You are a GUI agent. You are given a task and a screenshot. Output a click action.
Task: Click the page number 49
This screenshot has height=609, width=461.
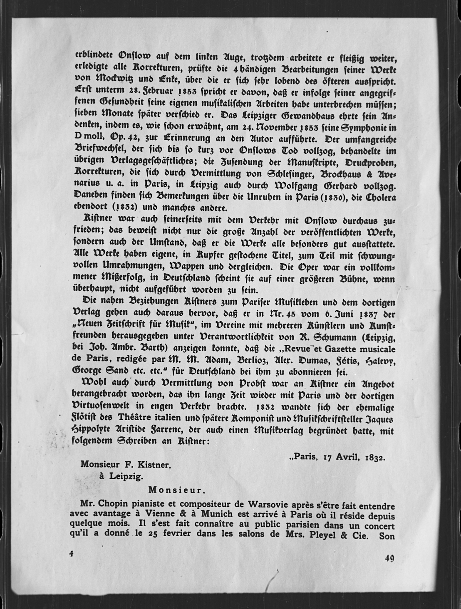point(389,558)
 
